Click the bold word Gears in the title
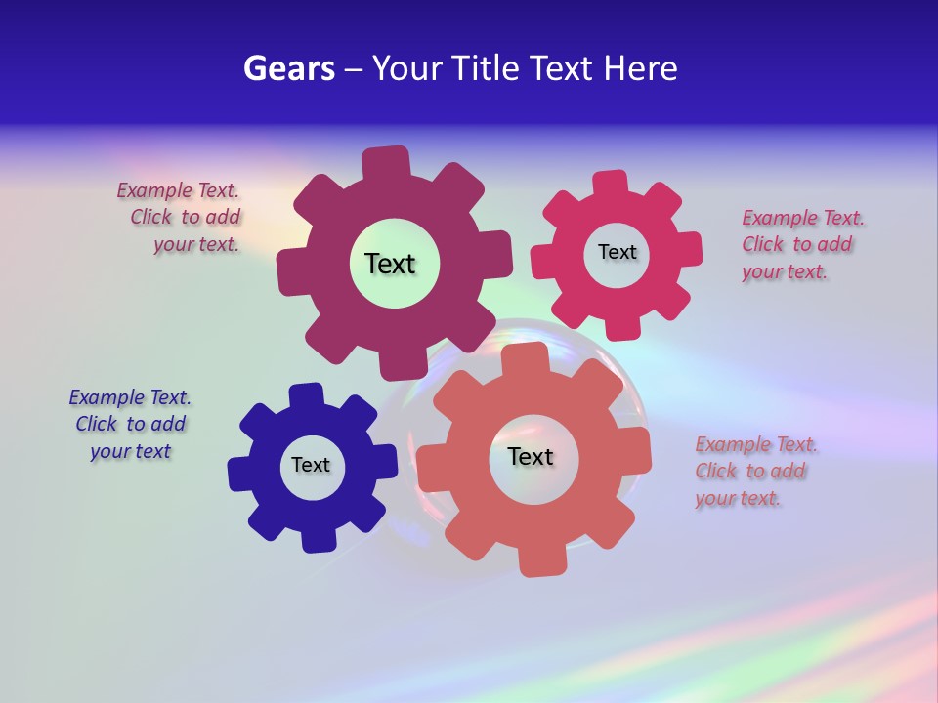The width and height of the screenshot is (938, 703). (x=289, y=68)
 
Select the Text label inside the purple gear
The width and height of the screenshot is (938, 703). (x=390, y=264)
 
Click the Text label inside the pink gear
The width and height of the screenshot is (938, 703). (x=617, y=252)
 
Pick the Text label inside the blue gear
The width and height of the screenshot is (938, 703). (x=311, y=465)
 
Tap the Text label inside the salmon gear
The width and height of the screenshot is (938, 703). (x=531, y=456)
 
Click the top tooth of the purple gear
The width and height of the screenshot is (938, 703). (x=387, y=162)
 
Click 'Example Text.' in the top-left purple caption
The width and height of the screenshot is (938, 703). (x=178, y=190)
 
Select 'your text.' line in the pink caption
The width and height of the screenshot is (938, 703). (x=784, y=272)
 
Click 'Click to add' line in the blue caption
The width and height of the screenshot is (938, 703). (x=131, y=424)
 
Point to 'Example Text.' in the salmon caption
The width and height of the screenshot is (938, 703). (x=756, y=444)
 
